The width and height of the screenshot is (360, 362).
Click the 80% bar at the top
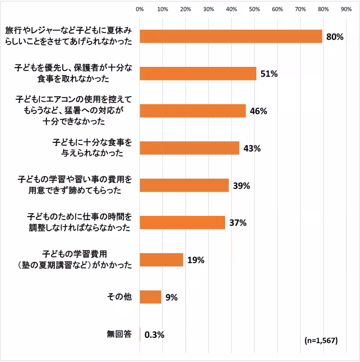point(231,37)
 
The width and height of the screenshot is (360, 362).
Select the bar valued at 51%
point(198,74)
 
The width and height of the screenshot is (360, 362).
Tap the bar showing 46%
point(193,111)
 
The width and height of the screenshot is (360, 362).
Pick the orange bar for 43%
point(189,148)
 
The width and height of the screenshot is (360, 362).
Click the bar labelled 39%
point(184,186)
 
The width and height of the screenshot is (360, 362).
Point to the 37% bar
point(182,222)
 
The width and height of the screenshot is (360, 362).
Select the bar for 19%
point(162,260)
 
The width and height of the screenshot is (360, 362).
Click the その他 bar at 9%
point(150,297)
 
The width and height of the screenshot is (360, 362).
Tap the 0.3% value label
point(155,335)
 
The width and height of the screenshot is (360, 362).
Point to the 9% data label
point(171,297)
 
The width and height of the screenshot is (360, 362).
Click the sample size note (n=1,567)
point(321,341)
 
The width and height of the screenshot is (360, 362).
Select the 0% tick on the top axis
point(140,9)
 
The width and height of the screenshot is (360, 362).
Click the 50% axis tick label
point(255,9)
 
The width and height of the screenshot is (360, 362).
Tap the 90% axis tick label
point(346,9)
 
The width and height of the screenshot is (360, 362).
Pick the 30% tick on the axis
point(209,9)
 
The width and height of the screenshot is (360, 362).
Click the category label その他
point(121,297)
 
